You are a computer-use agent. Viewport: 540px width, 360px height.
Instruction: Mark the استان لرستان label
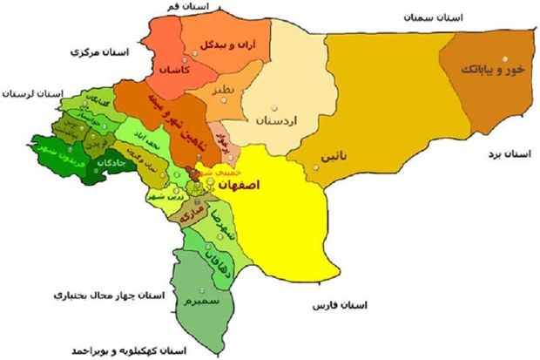(32, 91)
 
